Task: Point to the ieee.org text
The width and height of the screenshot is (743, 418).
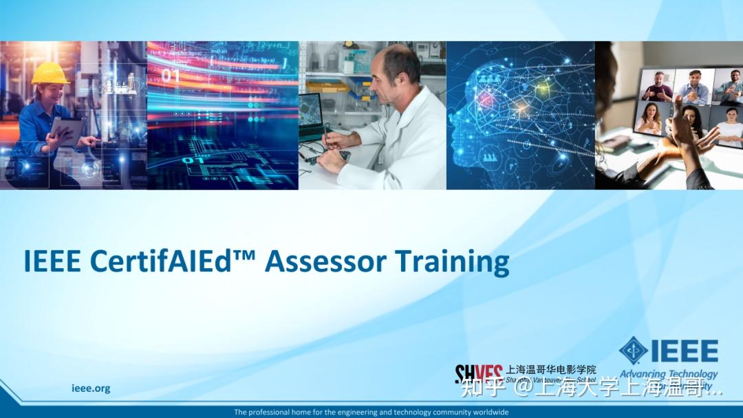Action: point(91,388)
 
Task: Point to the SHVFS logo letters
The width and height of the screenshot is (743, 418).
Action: point(479,373)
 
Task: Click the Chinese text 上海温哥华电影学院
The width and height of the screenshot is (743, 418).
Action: point(551,369)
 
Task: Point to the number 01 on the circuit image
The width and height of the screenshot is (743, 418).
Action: point(171,76)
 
